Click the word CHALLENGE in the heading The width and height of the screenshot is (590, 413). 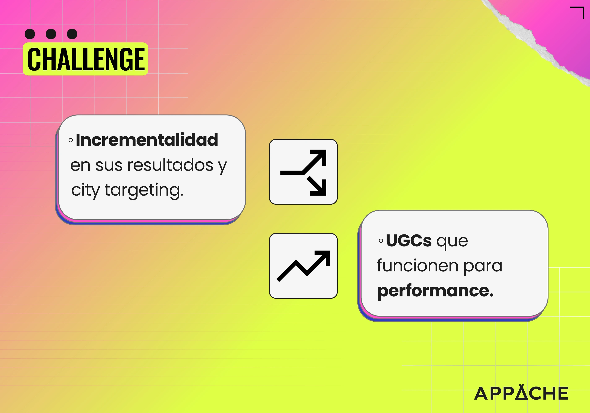[86, 59]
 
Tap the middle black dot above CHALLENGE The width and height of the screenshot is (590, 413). [51, 34]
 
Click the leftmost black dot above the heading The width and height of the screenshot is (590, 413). [30, 34]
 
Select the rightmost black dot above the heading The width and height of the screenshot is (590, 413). [72, 34]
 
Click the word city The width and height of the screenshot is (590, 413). [86, 191]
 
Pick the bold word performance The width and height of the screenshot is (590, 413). [435, 291]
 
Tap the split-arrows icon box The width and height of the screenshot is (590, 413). [303, 172]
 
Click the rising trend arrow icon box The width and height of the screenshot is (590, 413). [303, 266]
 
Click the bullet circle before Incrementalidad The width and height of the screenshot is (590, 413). [71, 140]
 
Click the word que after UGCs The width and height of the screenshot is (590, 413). [452, 242]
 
